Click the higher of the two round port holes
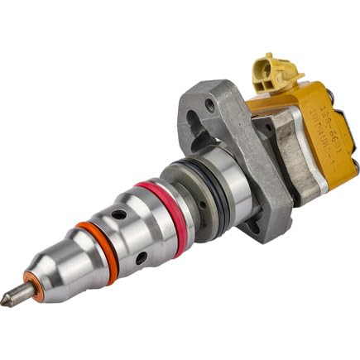pyautogui.click(x=121, y=214)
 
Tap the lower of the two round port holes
pyautogui.click(x=142, y=259)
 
